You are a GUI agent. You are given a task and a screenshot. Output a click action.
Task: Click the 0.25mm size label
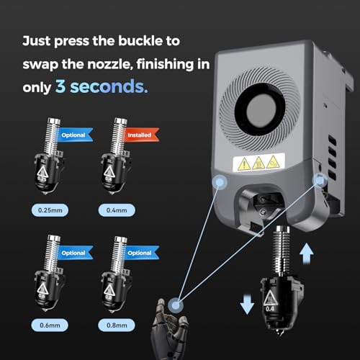[50, 210]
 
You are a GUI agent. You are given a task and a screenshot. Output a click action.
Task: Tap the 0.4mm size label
[117, 210]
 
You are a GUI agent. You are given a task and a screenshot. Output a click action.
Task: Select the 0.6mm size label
[50, 325]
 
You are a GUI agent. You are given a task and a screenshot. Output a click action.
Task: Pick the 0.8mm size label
[117, 325]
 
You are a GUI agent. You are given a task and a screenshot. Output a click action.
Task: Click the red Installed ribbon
[141, 135]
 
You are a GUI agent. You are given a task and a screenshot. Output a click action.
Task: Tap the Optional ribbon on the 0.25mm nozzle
[75, 135]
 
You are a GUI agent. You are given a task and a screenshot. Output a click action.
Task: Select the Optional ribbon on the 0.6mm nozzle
[75, 253]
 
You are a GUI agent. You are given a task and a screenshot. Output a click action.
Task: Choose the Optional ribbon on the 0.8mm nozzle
[142, 253]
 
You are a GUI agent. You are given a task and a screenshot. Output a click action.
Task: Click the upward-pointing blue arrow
[307, 253]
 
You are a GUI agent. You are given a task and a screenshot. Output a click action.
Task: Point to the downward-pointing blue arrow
[247, 304]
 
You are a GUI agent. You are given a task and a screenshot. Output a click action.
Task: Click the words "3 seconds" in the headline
[102, 86]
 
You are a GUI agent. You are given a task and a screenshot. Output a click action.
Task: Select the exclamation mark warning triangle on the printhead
[244, 165]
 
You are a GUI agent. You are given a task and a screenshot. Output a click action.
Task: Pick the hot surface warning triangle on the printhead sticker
[258, 163]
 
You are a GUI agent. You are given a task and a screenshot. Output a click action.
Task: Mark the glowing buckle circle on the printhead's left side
[220, 182]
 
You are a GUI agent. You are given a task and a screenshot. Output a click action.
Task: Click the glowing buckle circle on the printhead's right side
[320, 180]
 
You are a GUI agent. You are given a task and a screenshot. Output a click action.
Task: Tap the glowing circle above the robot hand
[176, 305]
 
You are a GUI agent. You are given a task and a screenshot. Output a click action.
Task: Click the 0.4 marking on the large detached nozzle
[269, 309]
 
